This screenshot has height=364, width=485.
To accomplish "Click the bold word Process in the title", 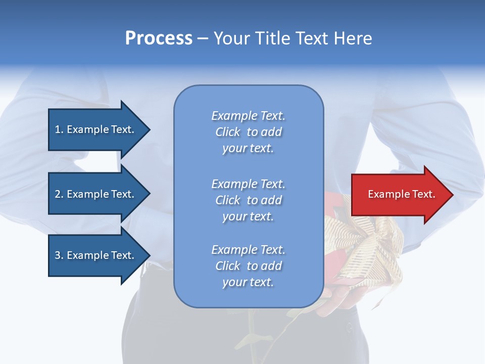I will (x=159, y=38).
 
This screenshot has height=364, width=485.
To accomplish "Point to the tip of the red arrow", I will (x=452, y=194).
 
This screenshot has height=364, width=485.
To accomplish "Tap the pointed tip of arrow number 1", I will (x=149, y=129).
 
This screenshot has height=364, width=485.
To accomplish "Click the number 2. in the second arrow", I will (x=59, y=194).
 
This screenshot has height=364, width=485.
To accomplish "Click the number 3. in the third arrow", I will (x=59, y=255).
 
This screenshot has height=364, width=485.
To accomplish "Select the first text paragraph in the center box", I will (x=248, y=132).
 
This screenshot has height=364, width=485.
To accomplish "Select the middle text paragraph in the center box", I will (x=248, y=200).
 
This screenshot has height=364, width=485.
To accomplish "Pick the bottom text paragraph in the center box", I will (x=248, y=266).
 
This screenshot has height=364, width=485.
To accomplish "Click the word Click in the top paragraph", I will (x=228, y=132).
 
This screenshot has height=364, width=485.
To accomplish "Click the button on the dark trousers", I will (x=349, y=328).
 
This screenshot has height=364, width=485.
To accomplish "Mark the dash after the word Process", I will (x=203, y=38).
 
